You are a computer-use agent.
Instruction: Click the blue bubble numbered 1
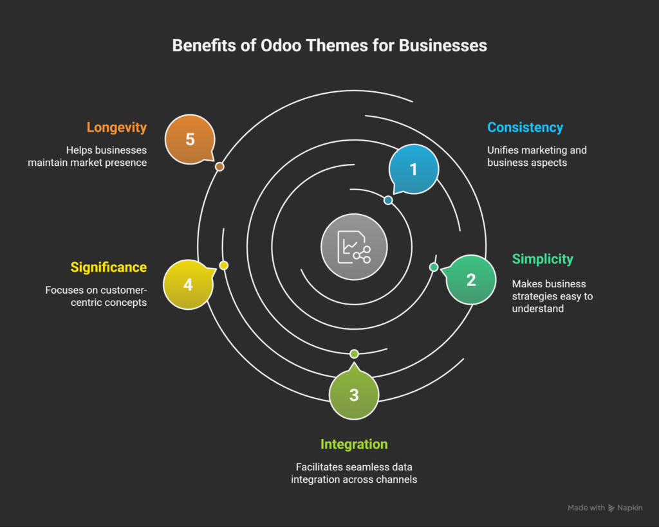coord(413,169)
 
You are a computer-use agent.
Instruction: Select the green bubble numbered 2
coord(471,280)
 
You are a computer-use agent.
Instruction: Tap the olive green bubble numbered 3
coord(353,395)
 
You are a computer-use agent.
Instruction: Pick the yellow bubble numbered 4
coord(188,284)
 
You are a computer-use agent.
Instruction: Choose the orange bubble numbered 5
coord(190,139)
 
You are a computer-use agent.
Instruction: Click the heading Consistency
coord(525,127)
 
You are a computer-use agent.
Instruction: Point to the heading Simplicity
coord(543,259)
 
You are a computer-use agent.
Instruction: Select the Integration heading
coord(354,444)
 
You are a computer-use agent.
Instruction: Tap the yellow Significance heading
coord(109,267)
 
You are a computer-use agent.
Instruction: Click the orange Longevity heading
coord(116,127)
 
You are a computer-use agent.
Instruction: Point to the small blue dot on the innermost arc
coord(388,201)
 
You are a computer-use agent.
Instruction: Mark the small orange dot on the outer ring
coord(219,166)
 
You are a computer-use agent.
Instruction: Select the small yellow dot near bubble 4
coord(224,265)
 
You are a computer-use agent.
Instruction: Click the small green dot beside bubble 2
coord(434,267)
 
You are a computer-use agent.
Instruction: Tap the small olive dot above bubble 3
coord(353,354)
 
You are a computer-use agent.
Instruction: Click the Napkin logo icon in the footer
coord(611,508)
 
